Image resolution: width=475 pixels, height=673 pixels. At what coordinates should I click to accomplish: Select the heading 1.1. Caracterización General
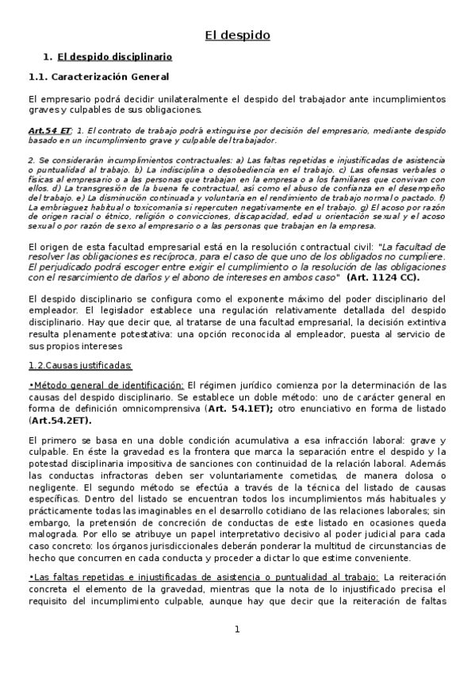tap(98, 77)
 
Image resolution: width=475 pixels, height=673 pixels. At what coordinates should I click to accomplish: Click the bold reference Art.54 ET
tap(49, 129)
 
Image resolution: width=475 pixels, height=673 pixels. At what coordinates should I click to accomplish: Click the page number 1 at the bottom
tap(237, 629)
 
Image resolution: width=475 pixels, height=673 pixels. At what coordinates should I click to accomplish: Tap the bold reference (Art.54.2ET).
tap(59, 420)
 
